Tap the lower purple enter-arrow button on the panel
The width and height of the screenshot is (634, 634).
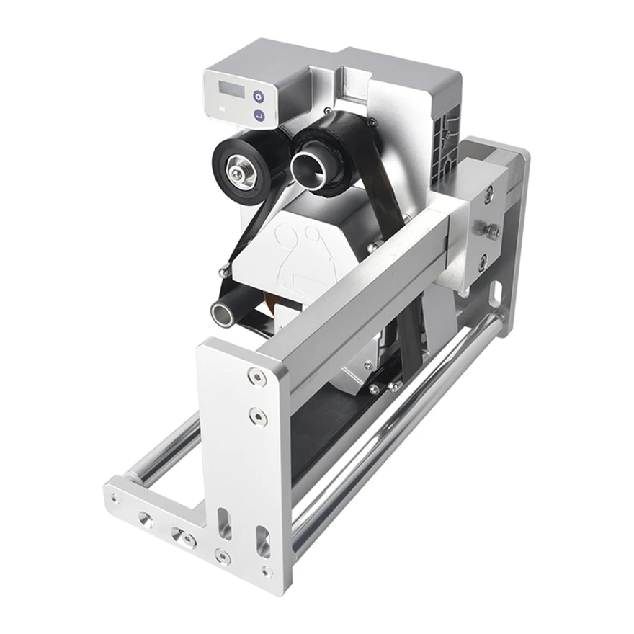coord(259,115)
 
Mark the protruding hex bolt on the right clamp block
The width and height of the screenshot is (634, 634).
coord(493,231)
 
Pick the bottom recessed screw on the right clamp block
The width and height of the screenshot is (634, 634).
coord(483,262)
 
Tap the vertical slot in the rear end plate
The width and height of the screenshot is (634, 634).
coord(496,293)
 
